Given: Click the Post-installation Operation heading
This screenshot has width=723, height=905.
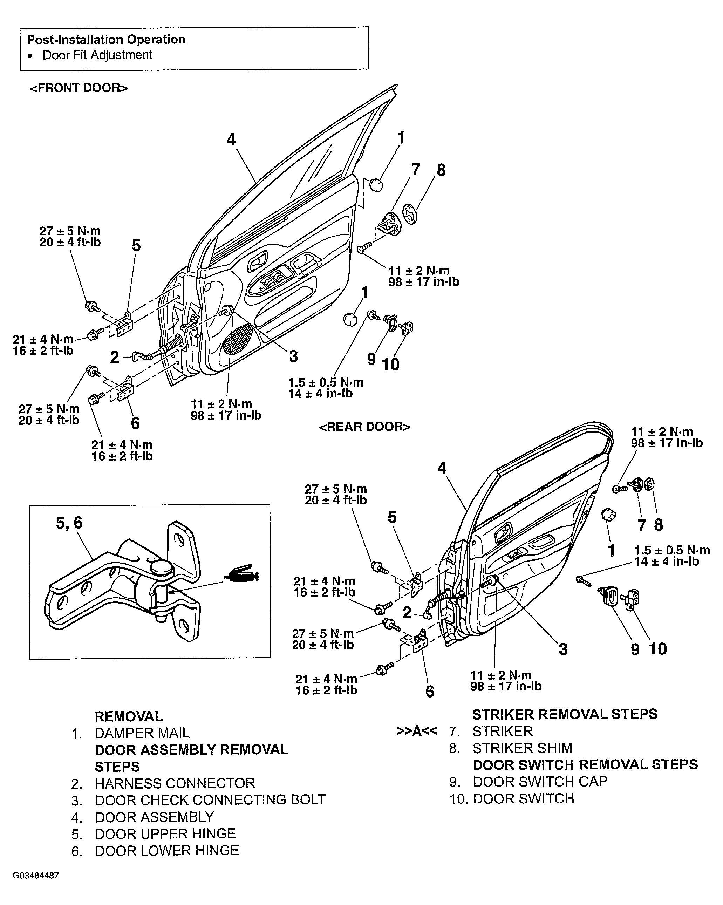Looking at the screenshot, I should (106, 40).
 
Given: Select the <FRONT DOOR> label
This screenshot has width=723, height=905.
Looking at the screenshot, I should (79, 88).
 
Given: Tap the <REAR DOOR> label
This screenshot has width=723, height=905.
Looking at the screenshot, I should (364, 427).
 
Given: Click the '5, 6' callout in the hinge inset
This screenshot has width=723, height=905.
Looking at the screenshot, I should (69, 523).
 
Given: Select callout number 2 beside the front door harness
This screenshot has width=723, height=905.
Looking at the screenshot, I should (115, 357).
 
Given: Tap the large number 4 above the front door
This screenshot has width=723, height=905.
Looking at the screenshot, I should (231, 140).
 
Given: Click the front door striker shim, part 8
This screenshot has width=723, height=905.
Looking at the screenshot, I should (410, 214).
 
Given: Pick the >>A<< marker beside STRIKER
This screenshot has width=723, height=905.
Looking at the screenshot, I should (416, 731).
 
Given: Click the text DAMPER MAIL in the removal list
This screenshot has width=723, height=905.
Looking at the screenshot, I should (142, 733).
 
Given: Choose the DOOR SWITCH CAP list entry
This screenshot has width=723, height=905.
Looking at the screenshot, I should (540, 781).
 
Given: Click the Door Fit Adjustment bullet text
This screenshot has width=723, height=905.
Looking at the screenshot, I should (97, 55).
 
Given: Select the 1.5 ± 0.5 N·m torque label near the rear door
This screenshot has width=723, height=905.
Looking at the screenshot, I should (671, 550).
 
